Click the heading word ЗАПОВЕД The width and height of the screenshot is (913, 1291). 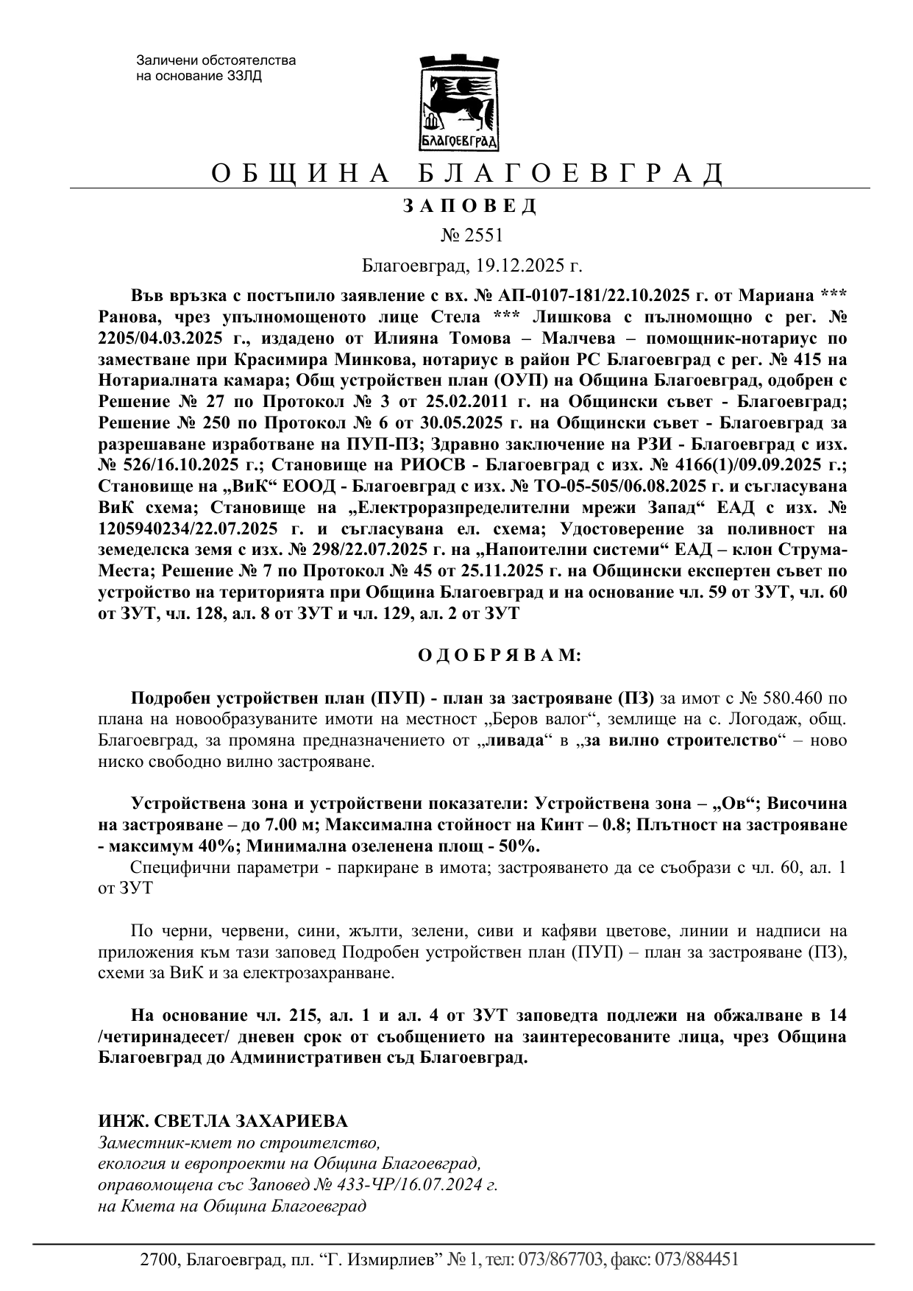point(470,206)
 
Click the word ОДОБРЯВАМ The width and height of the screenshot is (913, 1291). point(500,655)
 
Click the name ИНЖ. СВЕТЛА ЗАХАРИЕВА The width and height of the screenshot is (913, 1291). point(223,1121)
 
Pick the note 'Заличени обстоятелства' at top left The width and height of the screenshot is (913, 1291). point(216,60)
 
